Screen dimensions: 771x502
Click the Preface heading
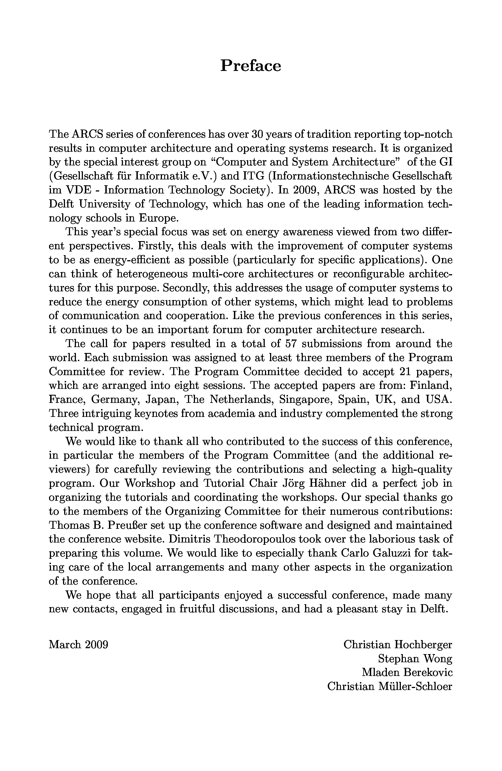(250, 66)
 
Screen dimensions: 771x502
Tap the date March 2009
(78, 645)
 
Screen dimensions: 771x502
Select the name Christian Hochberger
(398, 645)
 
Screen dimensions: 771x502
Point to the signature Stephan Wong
(415, 659)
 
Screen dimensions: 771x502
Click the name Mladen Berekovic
(407, 673)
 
